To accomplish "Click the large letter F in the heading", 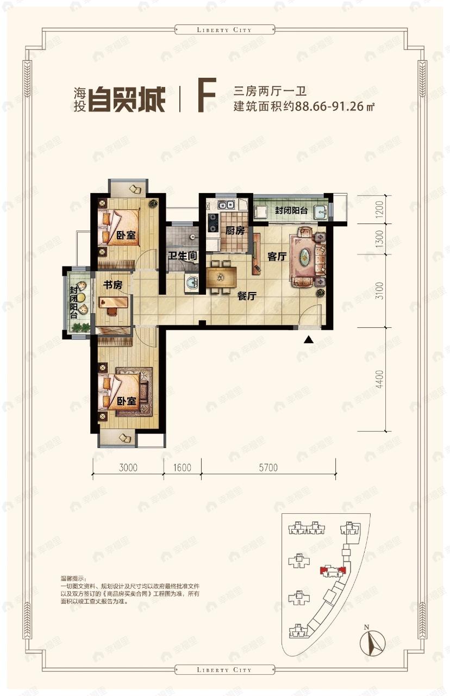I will pyautogui.click(x=207, y=96).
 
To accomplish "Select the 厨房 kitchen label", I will pyautogui.click(x=235, y=230).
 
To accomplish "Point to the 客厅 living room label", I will pyautogui.click(x=277, y=257).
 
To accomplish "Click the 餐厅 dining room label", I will pyautogui.click(x=247, y=296).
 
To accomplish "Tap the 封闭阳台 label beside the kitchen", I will pyautogui.click(x=291, y=211).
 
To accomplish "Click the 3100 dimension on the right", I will pyautogui.click(x=380, y=291).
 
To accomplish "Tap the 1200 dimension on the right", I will pyautogui.click(x=380, y=209).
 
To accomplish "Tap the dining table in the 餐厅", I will pyautogui.click(x=221, y=277).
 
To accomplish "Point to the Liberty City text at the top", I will pyautogui.click(x=224, y=30).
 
